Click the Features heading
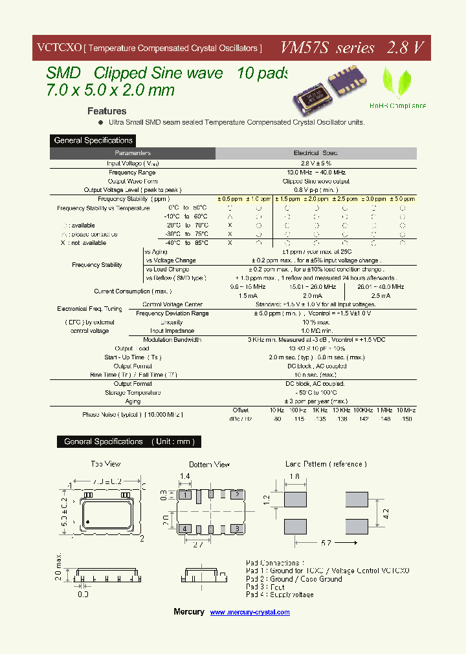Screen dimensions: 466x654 pos(107,111)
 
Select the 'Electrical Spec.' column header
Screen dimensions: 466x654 pos(316,153)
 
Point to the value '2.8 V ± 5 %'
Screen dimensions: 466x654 pos(316,163)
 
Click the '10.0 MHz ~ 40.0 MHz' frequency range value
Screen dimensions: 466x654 pos(316,173)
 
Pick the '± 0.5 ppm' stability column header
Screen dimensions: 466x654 pos(229,199)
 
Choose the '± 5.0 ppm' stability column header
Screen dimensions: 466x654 pos(402,199)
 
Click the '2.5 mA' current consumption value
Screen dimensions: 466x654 pos(381,295)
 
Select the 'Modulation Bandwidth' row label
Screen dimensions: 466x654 pos(172,340)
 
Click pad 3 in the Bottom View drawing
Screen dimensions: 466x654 pos(238,529)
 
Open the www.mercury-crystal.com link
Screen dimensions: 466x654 pos(250,612)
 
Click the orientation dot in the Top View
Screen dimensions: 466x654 pos(87,522)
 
